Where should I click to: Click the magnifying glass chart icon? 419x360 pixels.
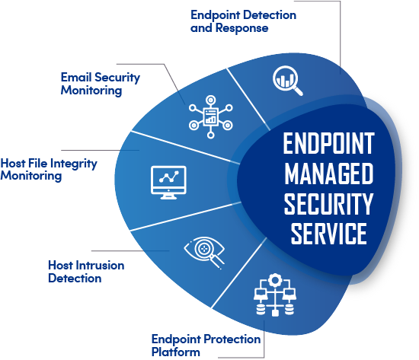point(287,80)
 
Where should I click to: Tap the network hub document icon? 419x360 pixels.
point(210,116)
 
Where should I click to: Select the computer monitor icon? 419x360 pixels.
point(168,183)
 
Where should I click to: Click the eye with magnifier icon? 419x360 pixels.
point(204,253)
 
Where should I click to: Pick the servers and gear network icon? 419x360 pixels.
point(275,295)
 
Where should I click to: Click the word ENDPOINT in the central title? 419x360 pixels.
point(328,143)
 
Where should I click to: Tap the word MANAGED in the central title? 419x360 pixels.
point(328,174)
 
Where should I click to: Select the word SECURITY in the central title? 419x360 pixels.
point(328,204)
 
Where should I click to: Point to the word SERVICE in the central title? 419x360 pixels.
point(328,234)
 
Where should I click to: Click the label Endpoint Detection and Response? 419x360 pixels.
point(243,21)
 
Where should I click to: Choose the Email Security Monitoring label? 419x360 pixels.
point(101,84)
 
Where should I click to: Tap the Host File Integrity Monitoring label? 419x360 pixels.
point(49,170)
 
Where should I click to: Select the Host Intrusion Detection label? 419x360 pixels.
point(86,272)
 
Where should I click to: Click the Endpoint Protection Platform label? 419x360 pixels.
point(206,346)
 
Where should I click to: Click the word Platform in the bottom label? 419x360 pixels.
point(175,352)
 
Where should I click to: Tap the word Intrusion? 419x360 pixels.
point(100,266)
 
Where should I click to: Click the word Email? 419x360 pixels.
point(76,77)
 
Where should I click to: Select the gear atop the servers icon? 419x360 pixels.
point(275,280)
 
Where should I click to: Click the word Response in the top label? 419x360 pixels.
point(241,28)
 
